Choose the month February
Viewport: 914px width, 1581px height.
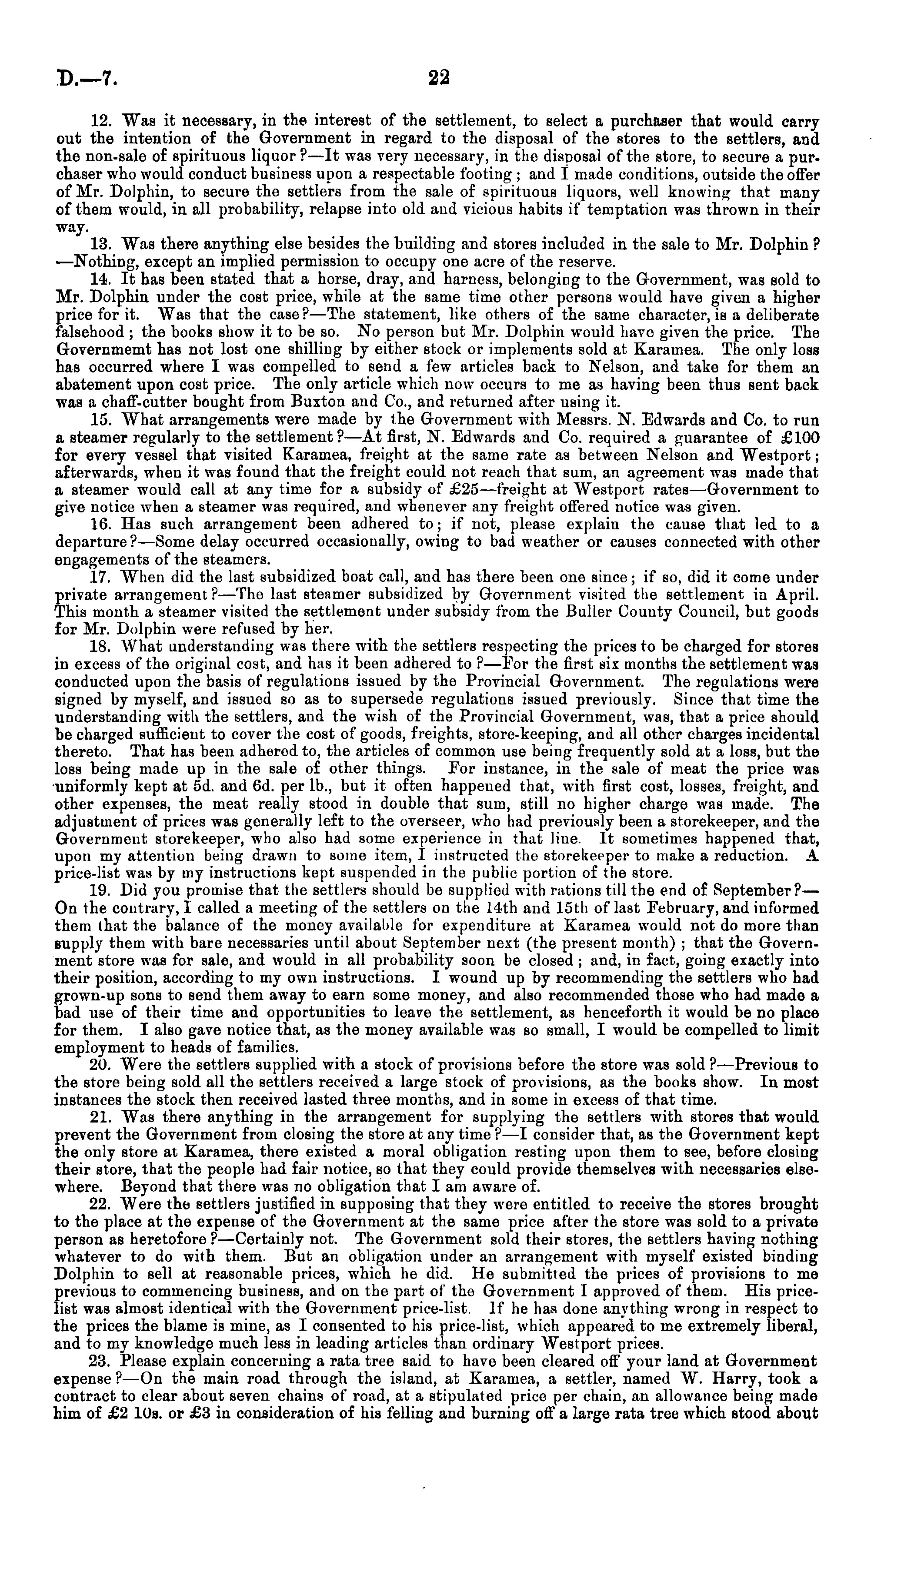tap(687, 908)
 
